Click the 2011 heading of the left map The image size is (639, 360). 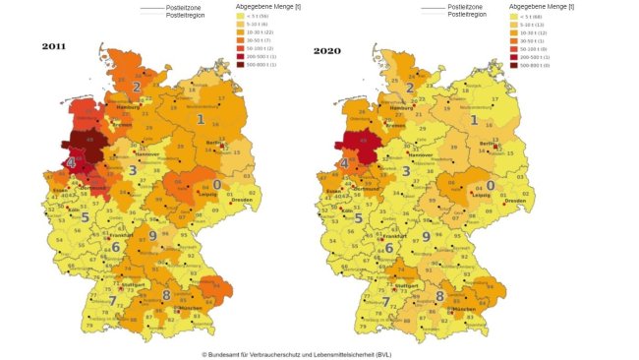(x=55, y=46)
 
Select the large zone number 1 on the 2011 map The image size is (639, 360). (x=201, y=120)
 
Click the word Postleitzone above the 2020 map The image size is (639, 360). (x=466, y=7)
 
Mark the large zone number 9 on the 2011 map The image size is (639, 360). (x=152, y=236)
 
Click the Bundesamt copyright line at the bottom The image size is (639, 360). (x=310, y=353)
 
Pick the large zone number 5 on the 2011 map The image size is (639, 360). (x=85, y=217)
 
